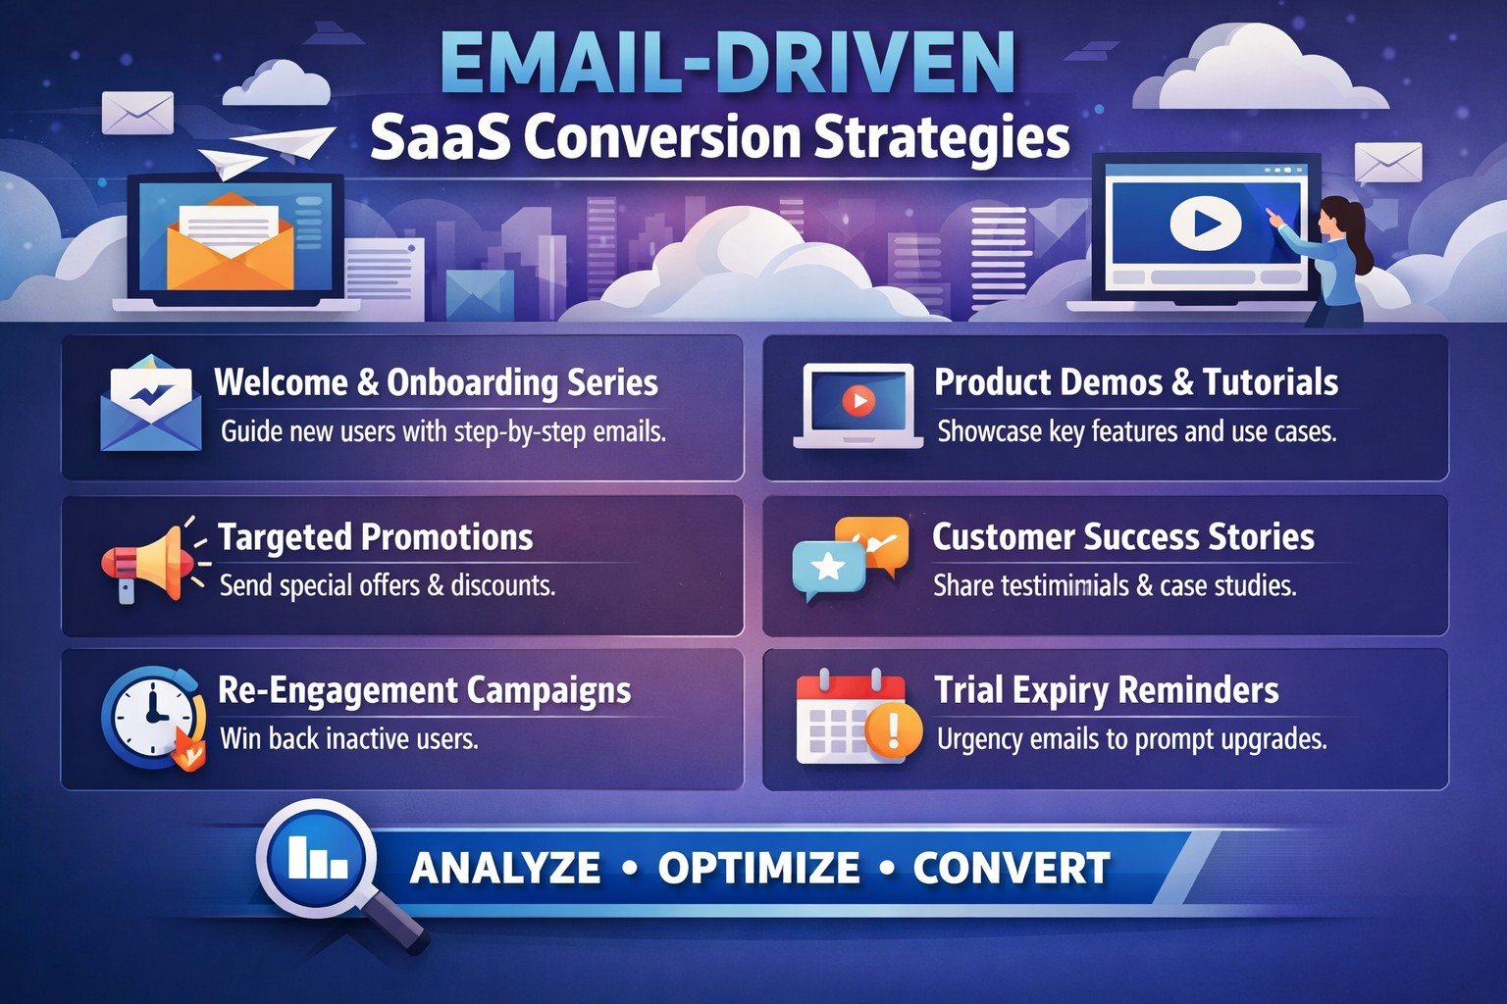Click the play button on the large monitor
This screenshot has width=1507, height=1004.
pyautogui.click(x=1206, y=224)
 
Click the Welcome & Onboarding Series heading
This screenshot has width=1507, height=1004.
pyautogui.click(x=436, y=382)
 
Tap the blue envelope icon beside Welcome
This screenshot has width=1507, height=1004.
pyautogui.click(x=150, y=404)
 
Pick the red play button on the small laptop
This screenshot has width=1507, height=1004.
pyautogui.click(x=857, y=400)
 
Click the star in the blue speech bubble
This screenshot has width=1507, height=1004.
pyautogui.click(x=828, y=566)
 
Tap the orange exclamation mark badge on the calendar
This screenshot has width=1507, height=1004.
pyautogui.click(x=893, y=729)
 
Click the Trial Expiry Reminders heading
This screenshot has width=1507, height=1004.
pyautogui.click(x=1106, y=690)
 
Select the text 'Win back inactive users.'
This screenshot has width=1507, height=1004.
pyautogui.click(x=349, y=738)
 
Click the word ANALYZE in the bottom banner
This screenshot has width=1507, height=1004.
pyautogui.click(x=505, y=868)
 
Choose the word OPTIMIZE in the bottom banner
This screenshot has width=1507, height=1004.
pyautogui.click(x=758, y=868)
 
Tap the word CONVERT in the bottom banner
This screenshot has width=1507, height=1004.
pyautogui.click(x=1012, y=868)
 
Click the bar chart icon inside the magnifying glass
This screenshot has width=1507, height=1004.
pyautogui.click(x=316, y=857)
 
